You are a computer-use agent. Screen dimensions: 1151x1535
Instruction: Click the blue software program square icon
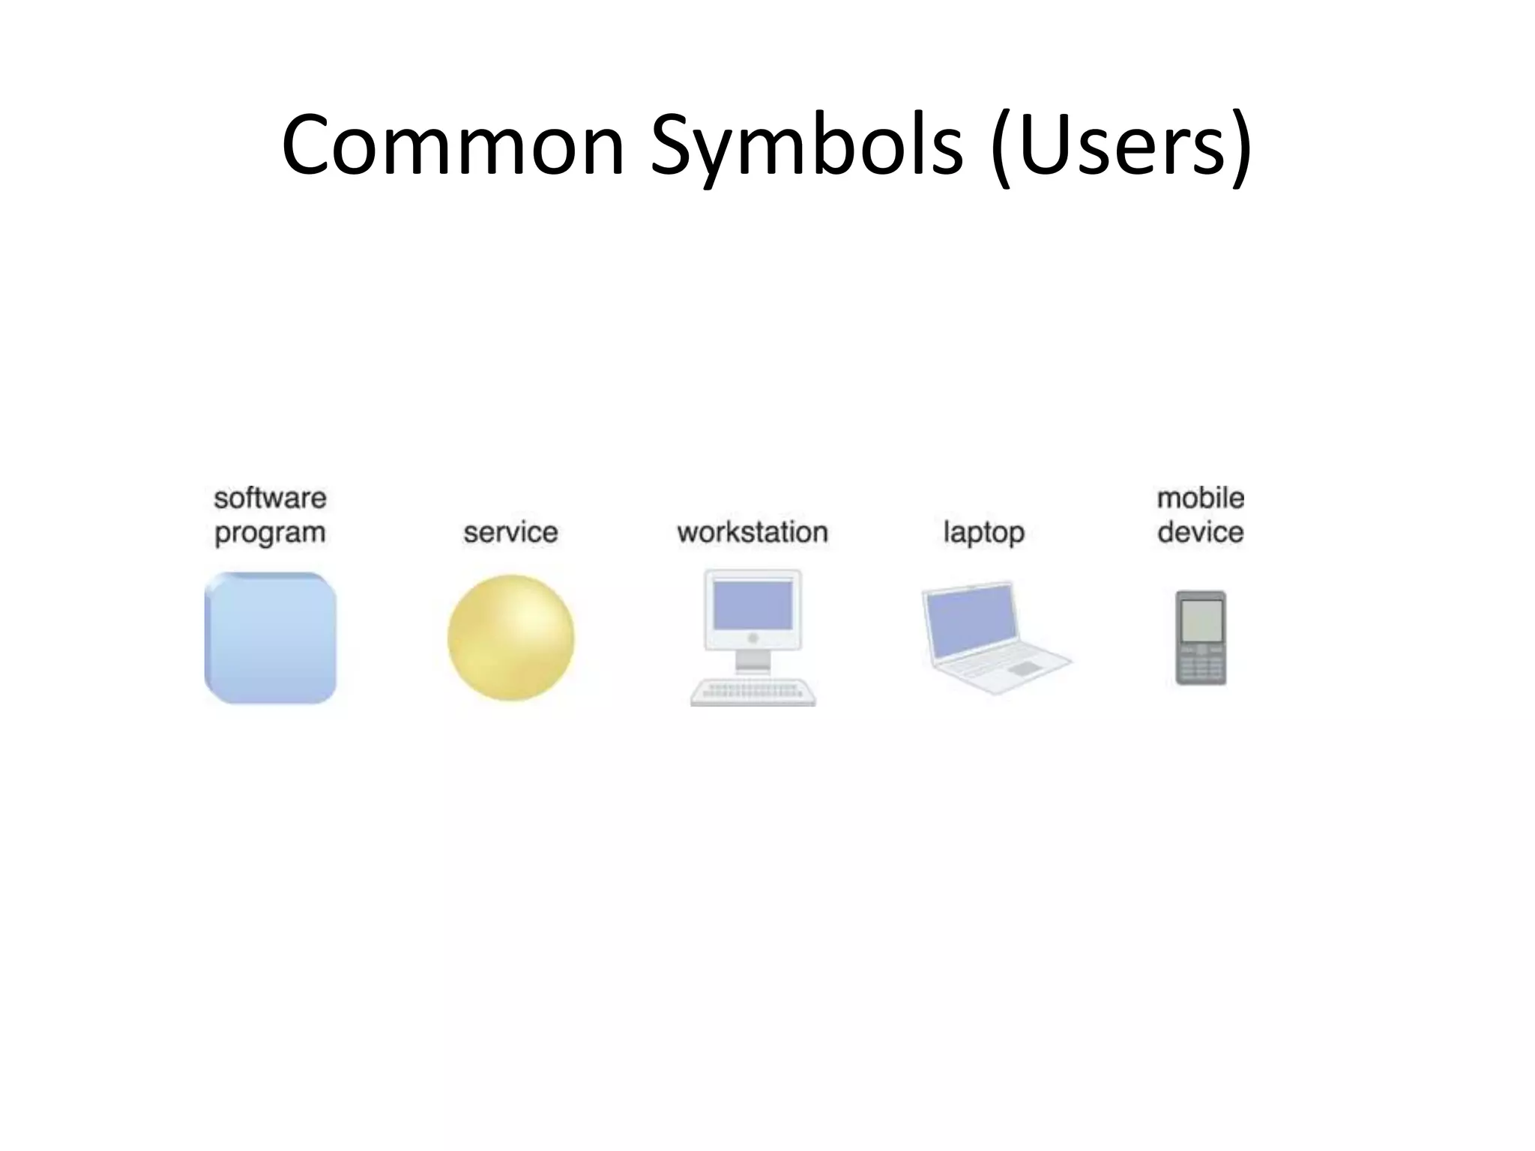[271, 638]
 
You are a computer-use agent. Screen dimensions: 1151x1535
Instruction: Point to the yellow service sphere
[511, 638]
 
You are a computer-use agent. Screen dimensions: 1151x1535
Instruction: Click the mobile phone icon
[1201, 638]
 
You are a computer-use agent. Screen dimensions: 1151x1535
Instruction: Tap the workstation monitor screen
[753, 605]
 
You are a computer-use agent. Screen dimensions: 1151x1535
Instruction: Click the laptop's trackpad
[1025, 668]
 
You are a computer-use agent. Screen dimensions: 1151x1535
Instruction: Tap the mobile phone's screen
[1201, 620]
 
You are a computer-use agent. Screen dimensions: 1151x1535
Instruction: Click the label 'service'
[510, 533]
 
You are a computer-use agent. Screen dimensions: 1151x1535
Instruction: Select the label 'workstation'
[753, 533]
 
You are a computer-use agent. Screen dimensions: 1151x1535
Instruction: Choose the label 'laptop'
[983, 533]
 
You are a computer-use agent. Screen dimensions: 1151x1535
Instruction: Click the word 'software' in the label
[270, 498]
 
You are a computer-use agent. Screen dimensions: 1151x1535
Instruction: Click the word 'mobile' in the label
[1200, 498]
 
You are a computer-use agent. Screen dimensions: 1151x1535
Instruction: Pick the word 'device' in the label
[1200, 533]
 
